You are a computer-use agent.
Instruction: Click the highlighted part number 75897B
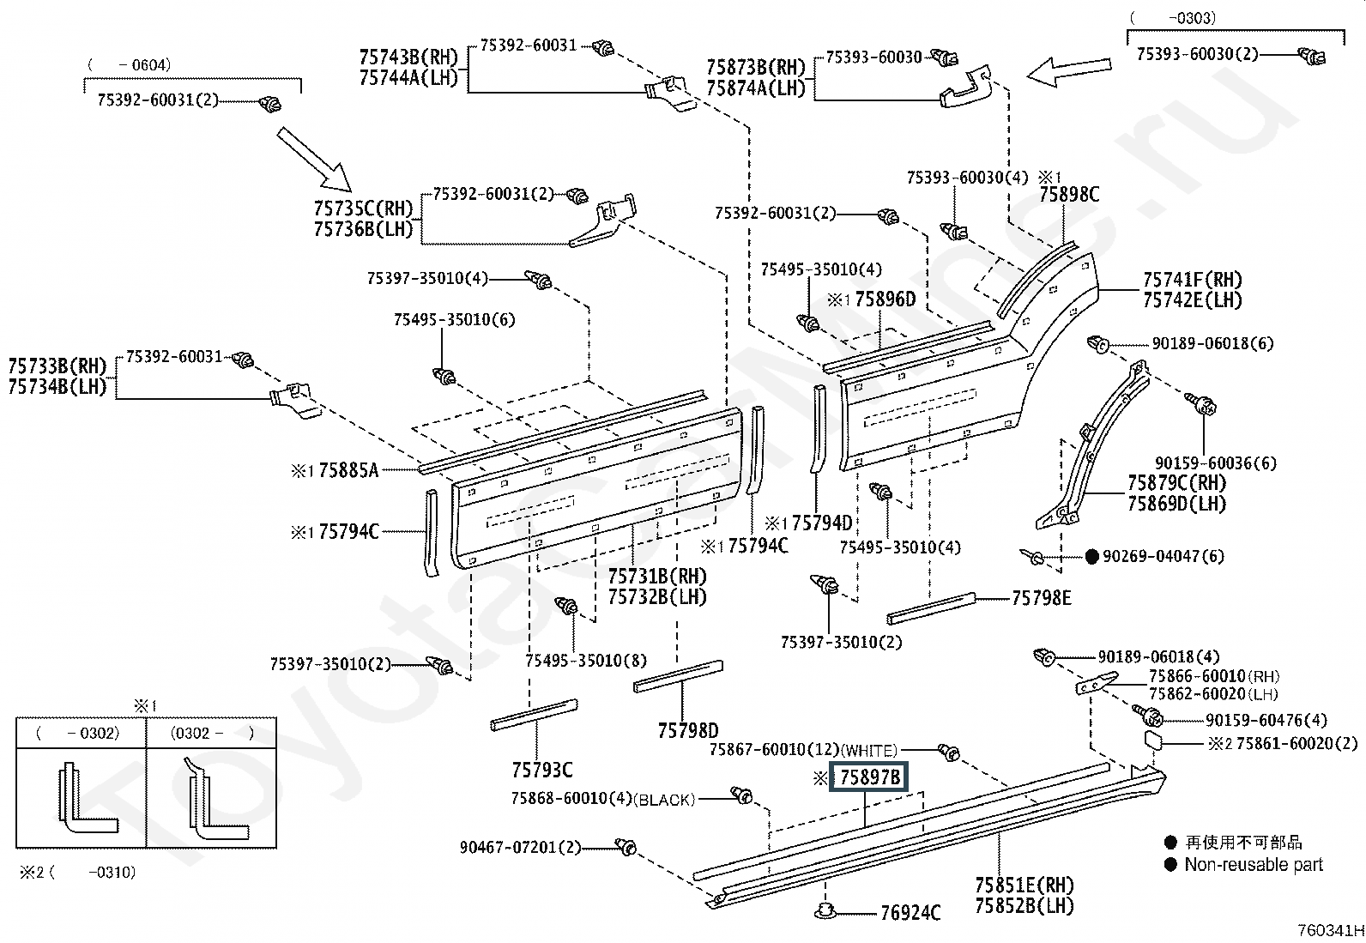pyautogui.click(x=869, y=777)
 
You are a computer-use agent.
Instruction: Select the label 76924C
pyautogui.click(x=910, y=912)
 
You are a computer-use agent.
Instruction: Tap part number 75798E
pyautogui.click(x=1041, y=598)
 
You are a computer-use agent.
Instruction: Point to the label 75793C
pyautogui.click(x=542, y=771)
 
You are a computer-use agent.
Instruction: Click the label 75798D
pyautogui.click(x=688, y=730)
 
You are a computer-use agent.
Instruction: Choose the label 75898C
pyautogui.click(x=1069, y=195)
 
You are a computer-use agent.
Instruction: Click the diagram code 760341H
pyautogui.click(x=1331, y=930)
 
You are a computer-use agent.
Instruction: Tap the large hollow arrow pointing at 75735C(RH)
pyautogui.click(x=314, y=160)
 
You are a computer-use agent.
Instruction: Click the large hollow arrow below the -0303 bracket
pyautogui.click(x=1068, y=72)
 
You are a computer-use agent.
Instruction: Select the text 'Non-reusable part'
pyautogui.click(x=1254, y=864)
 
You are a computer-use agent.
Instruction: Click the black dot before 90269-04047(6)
pyautogui.click(x=1092, y=556)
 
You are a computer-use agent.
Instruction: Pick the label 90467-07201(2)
pyautogui.click(x=520, y=847)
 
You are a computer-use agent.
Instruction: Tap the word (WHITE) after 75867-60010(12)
pyautogui.click(x=869, y=750)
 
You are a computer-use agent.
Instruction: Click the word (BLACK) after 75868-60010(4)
pyautogui.click(x=665, y=800)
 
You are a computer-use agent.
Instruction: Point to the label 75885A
pyautogui.click(x=348, y=470)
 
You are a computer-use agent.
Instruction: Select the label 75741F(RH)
pyautogui.click(x=1192, y=280)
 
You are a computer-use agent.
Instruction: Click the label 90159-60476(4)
pyautogui.click(x=1266, y=721)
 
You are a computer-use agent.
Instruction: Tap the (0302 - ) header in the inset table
pyautogui.click(x=212, y=733)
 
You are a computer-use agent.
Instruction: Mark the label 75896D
pyautogui.click(x=885, y=299)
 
